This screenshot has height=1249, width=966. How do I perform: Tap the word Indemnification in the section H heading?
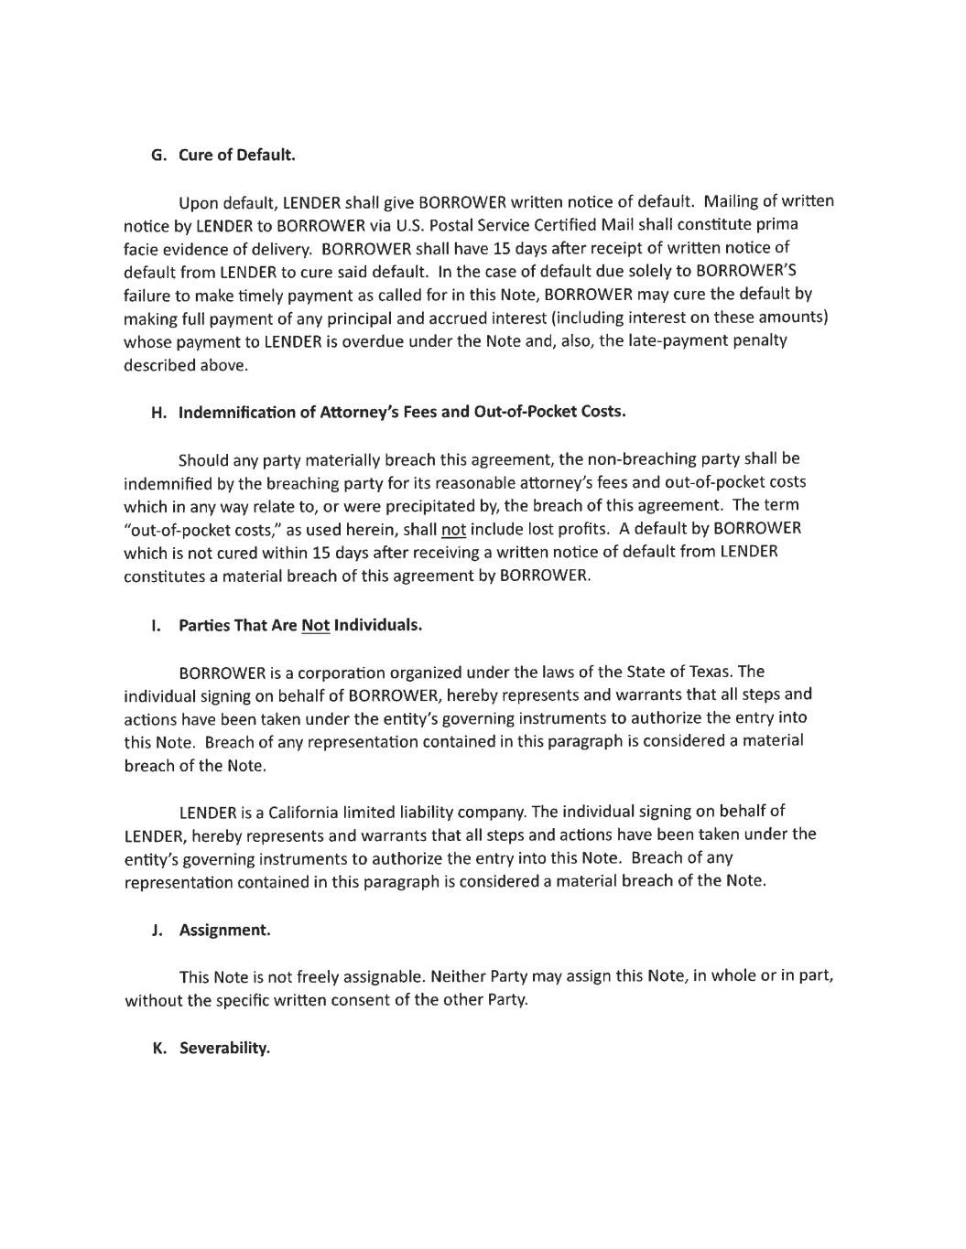pyautogui.click(x=233, y=412)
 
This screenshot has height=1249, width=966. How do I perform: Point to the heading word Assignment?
pyautogui.click(x=224, y=930)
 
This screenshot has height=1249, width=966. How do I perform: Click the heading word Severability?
pyautogui.click(x=224, y=1048)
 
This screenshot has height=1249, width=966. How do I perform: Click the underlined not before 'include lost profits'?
pyautogui.click(x=453, y=529)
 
